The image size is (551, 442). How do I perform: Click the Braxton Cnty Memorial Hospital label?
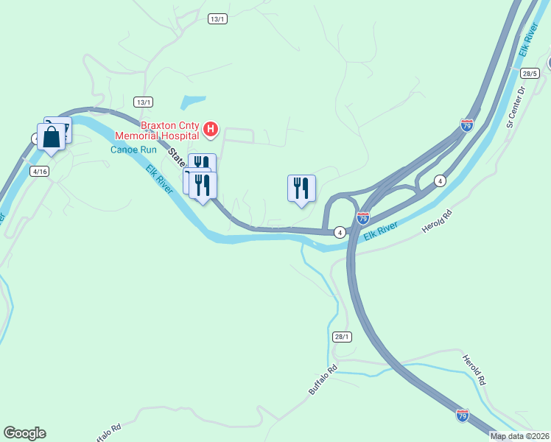[157, 130]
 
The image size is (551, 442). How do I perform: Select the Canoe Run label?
[133, 150]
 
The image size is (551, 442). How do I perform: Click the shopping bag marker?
[51, 137]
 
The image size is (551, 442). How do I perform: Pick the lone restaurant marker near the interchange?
[301, 189]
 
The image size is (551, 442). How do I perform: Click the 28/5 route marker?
[530, 74]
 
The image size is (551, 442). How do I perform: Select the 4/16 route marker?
[39, 171]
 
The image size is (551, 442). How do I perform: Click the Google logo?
[24, 433]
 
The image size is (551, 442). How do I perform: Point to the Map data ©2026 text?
[520, 436]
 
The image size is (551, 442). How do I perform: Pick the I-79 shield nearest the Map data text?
[462, 415]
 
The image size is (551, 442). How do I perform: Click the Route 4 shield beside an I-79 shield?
[340, 232]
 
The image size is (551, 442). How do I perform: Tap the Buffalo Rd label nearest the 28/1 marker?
[323, 377]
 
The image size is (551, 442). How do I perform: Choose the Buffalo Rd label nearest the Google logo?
[108, 432]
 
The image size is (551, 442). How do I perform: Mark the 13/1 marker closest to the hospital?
[143, 102]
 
